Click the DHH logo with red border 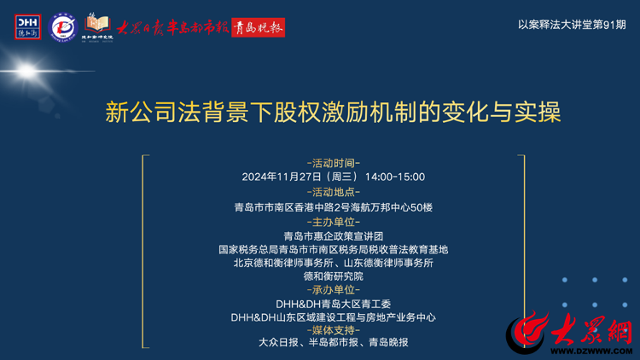pos(28,27)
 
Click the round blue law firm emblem pos(63,27)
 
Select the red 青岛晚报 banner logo pos(258,28)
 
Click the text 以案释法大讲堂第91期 pos(572,25)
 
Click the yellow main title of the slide pos(333,113)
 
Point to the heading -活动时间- pos(334,163)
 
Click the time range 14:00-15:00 pos(395,177)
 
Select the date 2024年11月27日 pos(282,177)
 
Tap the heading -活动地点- pos(334,192)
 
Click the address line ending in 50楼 pos(334,207)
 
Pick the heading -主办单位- pos(334,222)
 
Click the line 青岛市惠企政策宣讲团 pos(334,236)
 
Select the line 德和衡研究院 pos(334,276)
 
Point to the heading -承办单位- pos(334,290)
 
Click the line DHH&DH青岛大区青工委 pos(334,304)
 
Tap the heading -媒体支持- pos(334,330)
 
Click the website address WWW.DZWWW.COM pos(591,351)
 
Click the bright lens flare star pos(27,72)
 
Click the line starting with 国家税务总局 pos(334,249)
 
